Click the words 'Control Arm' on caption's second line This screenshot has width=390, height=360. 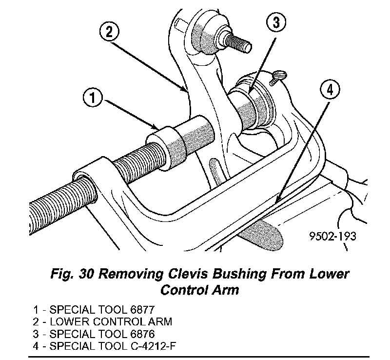pyautogui.click(x=200, y=290)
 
